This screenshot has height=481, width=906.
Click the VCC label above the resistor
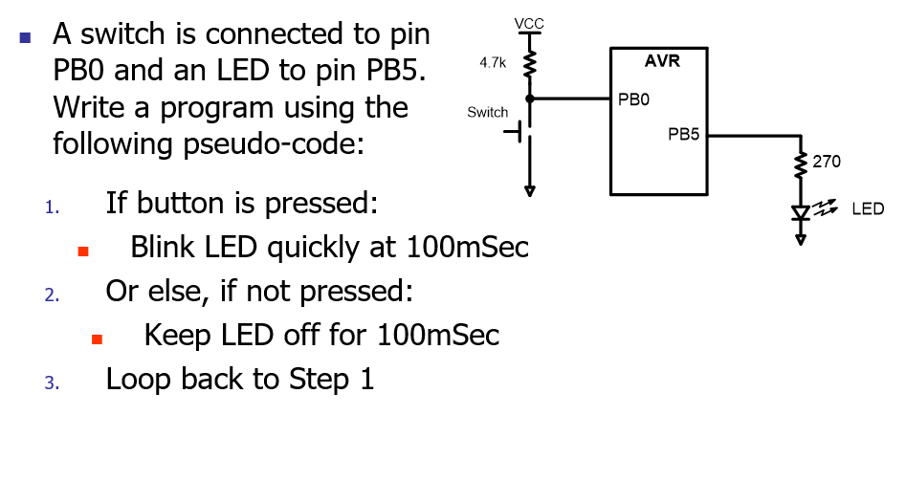pos(528,22)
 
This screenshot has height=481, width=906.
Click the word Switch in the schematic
pos(487,112)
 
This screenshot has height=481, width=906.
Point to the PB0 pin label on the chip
pos(633,98)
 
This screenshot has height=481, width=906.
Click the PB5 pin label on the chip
pos(683,135)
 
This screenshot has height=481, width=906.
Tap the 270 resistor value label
pos(827,162)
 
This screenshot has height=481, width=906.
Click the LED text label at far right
pos(867,208)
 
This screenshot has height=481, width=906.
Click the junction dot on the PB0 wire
pos(528,98)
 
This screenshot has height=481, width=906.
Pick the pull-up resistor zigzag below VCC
pos(528,65)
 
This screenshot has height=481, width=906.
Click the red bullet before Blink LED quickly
pos(83,252)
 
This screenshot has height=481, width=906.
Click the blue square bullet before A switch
pos(26,39)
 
